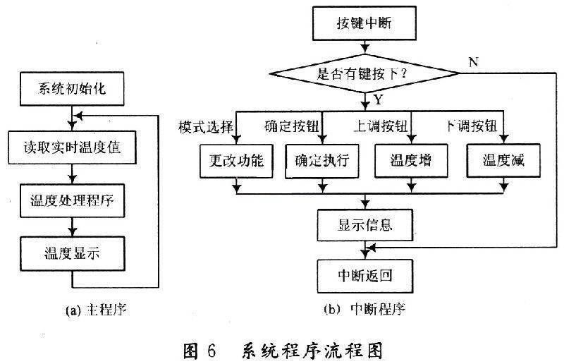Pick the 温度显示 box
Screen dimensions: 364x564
[x=73, y=252]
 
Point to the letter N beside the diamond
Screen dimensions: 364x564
[x=473, y=62]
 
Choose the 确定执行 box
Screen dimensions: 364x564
[x=321, y=160]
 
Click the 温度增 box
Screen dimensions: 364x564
[x=412, y=160]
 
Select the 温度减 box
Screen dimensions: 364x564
[x=501, y=160]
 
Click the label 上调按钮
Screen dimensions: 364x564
[x=381, y=127]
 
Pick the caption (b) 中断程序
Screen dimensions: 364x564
[x=364, y=308]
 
